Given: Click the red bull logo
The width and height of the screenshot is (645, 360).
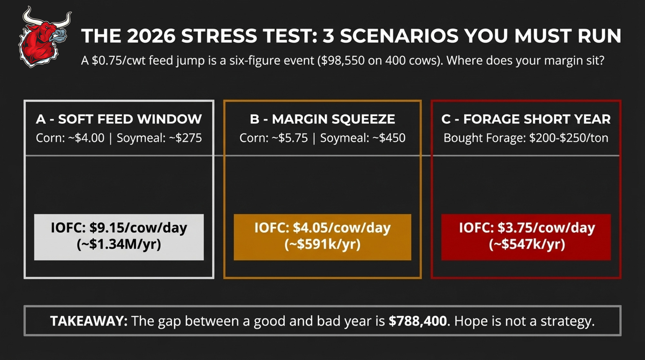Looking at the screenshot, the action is (x=45, y=37).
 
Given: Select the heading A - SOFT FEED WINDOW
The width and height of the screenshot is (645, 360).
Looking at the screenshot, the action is (x=119, y=119).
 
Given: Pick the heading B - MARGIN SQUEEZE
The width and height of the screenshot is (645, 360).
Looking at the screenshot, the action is (x=322, y=119).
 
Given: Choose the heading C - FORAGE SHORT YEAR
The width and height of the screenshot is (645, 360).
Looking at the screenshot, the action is (x=526, y=119).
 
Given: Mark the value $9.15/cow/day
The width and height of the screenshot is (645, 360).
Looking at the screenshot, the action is (x=138, y=228).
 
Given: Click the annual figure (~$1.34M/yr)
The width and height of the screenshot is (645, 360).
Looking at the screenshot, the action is (x=119, y=244).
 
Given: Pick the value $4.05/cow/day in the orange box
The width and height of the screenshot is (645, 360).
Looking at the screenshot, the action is (x=342, y=228).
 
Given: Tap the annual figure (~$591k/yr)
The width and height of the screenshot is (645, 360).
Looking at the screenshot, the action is (x=322, y=244).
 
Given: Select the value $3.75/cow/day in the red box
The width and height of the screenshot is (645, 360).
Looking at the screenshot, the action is (x=546, y=228).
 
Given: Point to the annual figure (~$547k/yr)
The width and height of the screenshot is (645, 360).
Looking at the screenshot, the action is (x=527, y=244).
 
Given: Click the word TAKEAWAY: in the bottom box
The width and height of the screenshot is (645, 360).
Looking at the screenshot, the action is (x=89, y=321).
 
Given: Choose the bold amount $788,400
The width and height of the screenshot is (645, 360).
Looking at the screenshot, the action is (x=418, y=321).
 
